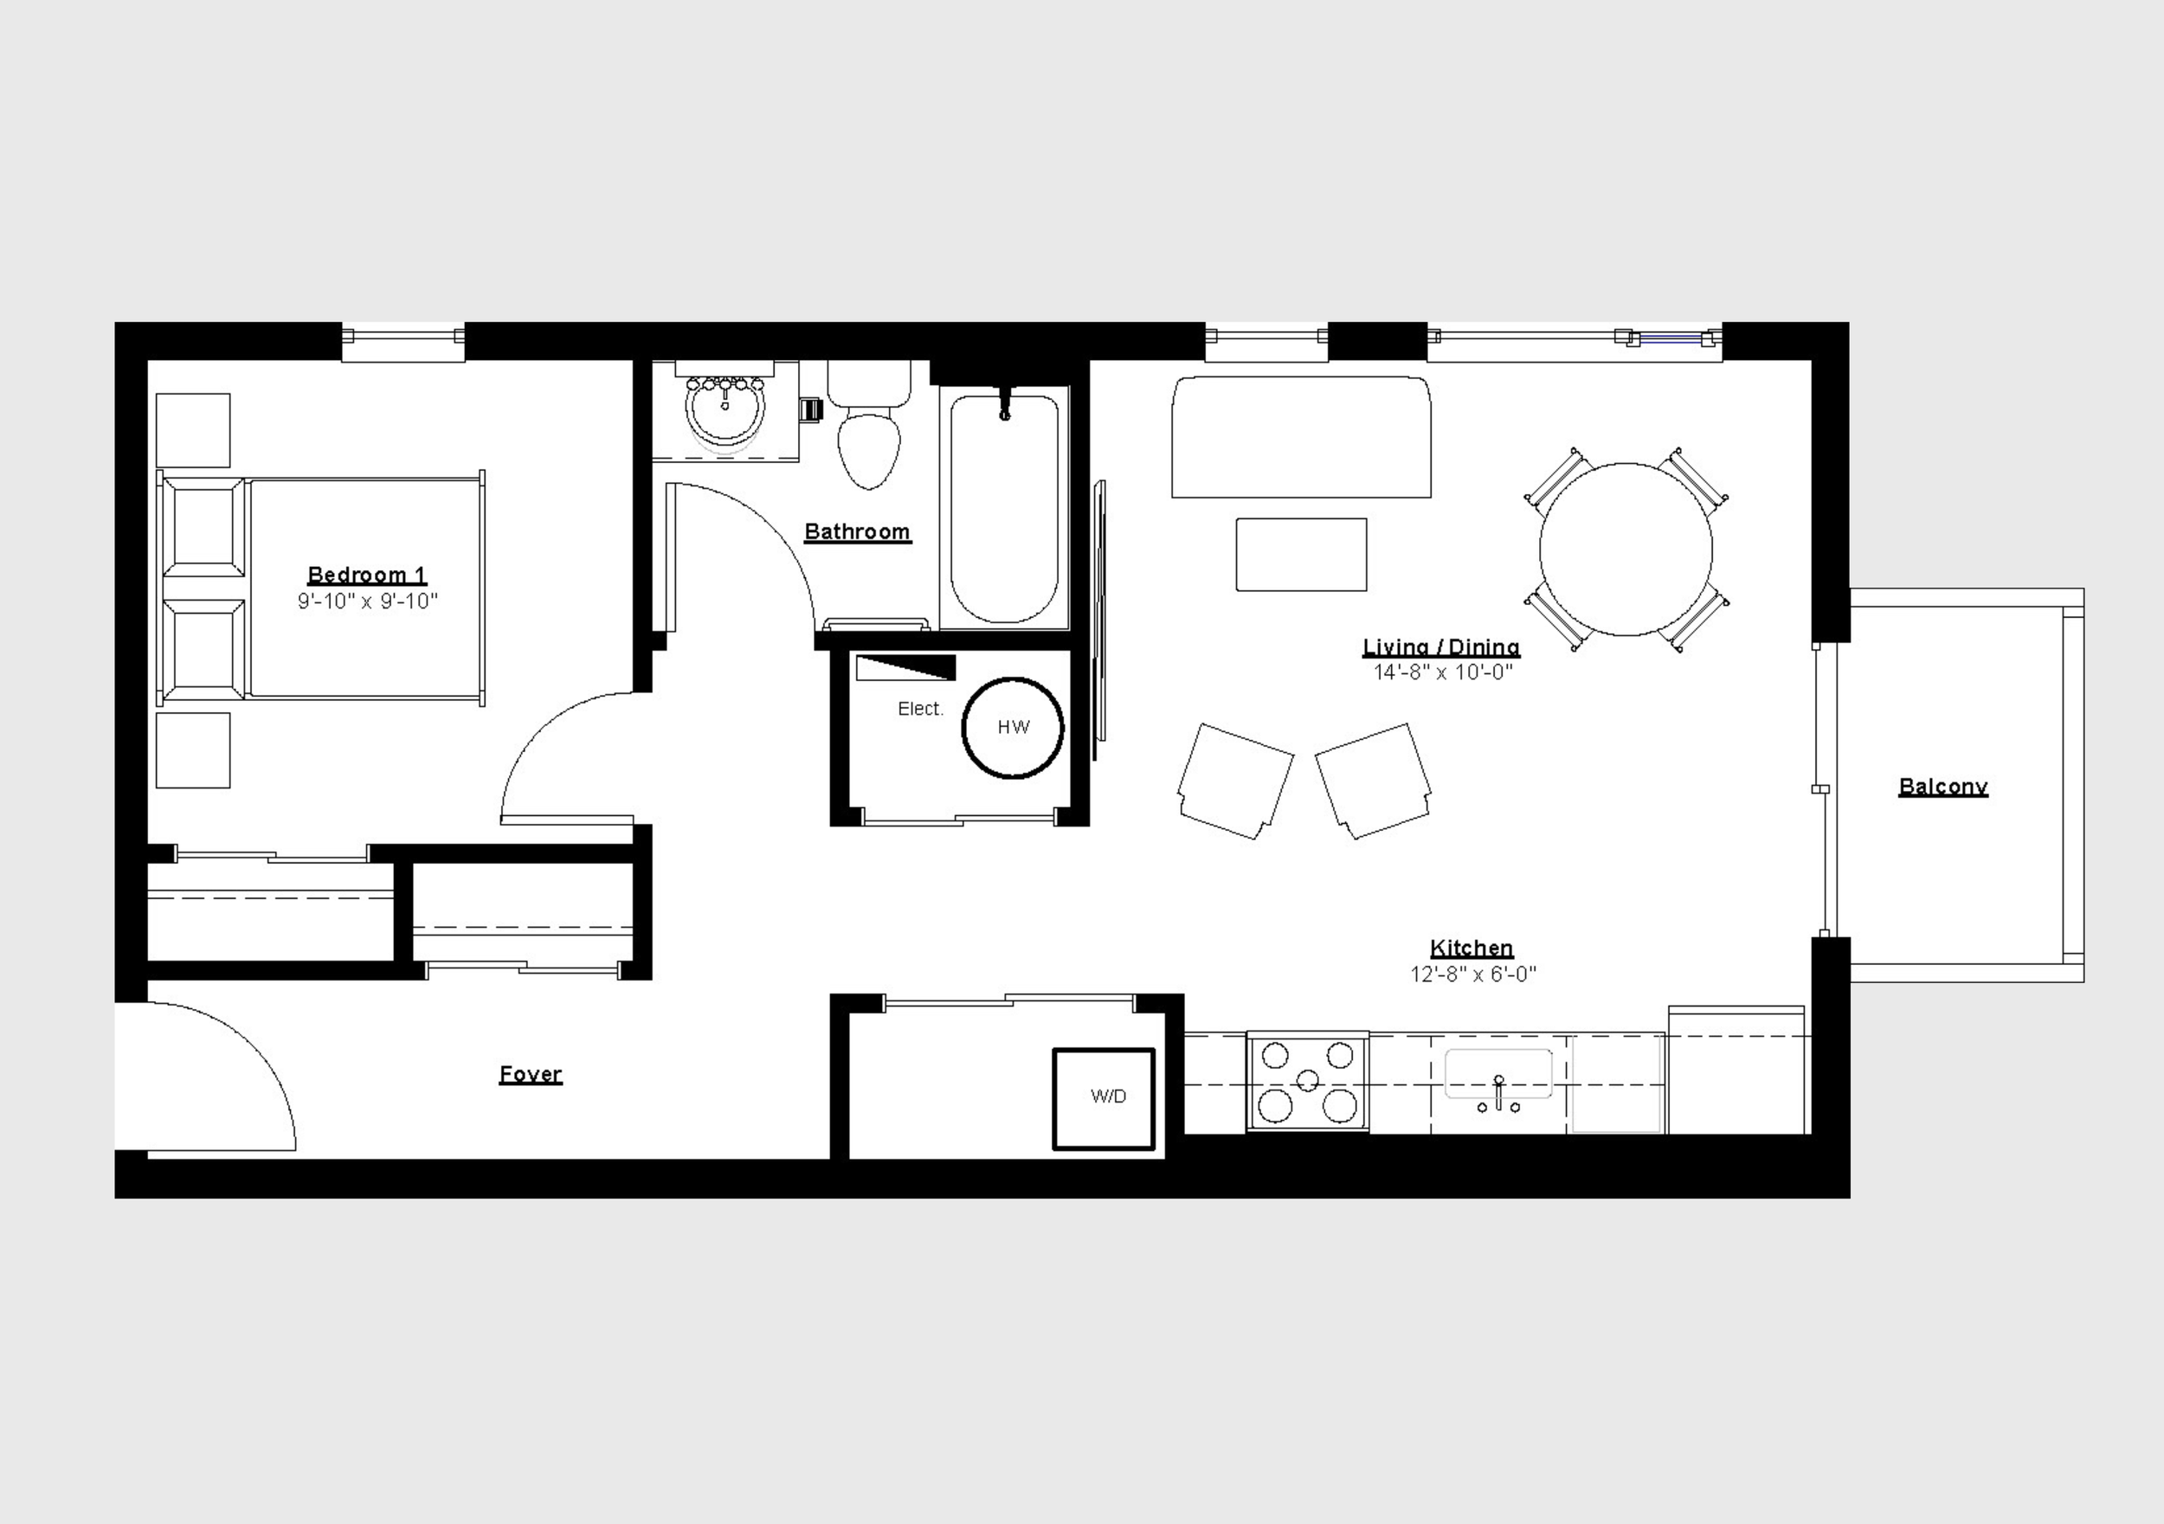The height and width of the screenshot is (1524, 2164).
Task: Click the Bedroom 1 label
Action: coord(367,575)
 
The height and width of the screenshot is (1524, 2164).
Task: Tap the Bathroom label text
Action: coord(857,532)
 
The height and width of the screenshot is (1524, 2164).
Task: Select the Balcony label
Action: coord(1942,787)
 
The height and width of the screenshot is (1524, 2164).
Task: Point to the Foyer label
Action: coord(531,1075)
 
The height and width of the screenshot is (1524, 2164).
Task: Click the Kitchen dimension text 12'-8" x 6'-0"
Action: coord(1473,974)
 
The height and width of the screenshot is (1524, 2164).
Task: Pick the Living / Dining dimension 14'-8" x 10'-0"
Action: coord(1442,672)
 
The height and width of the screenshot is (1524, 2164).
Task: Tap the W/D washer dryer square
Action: coord(1104,1099)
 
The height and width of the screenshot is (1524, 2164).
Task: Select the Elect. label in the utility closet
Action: coord(920,709)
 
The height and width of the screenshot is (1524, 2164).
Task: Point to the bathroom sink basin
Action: coord(725,415)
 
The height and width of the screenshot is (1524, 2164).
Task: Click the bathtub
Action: coord(1005,509)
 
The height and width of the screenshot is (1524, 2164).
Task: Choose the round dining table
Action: coord(1626,550)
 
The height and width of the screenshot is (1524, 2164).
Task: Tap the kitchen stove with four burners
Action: coord(1307,1082)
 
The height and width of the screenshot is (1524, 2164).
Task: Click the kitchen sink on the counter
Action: coord(1498,1076)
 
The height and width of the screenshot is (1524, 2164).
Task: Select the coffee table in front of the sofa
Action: coord(1301,555)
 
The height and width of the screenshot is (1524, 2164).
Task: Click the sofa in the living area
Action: coord(1301,436)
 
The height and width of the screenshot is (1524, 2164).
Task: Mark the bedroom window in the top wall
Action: coord(403,341)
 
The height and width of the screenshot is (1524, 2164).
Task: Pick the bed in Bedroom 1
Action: coord(320,588)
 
